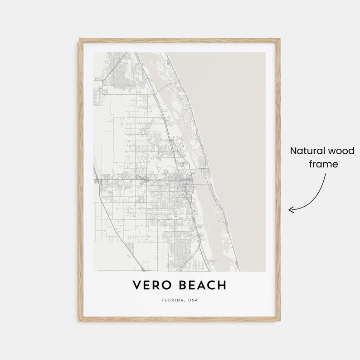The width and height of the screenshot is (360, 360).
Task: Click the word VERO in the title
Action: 150,285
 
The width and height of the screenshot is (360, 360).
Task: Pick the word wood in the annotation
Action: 342,151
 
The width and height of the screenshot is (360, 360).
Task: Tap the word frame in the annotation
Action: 324,164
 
